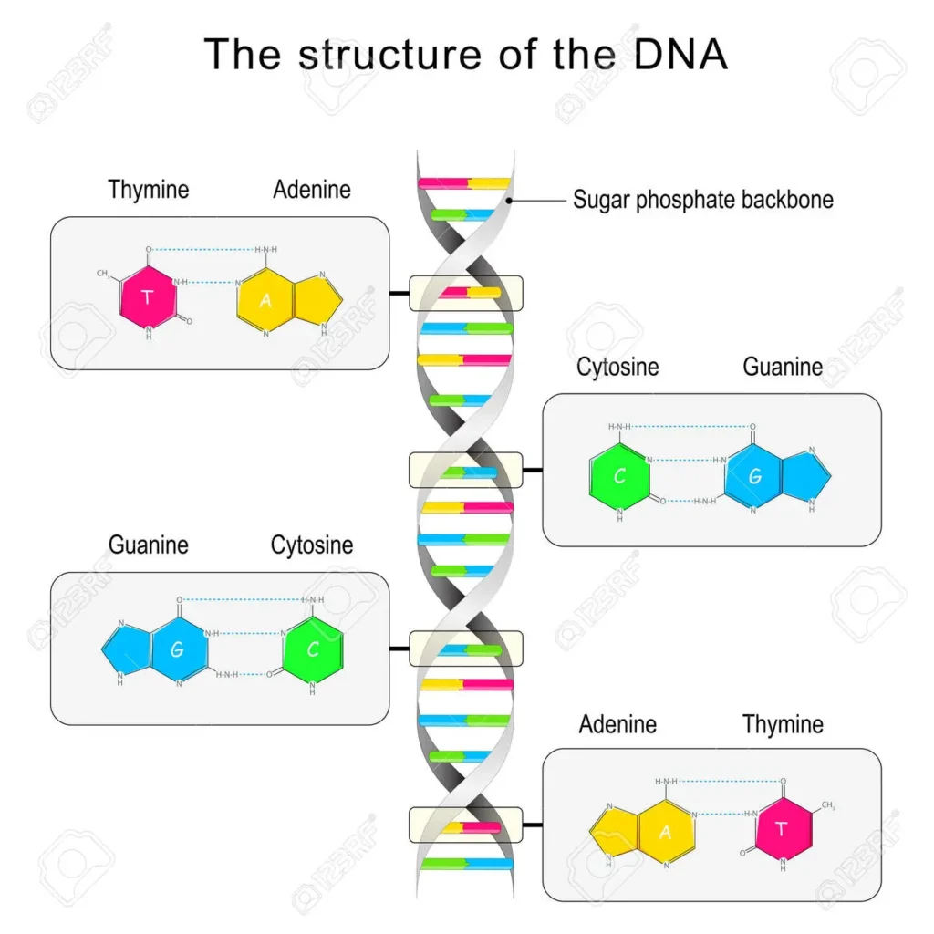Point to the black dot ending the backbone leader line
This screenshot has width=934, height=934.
point(511,200)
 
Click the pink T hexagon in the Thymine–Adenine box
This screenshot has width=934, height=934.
point(149,296)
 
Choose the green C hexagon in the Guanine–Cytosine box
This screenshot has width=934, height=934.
point(313,650)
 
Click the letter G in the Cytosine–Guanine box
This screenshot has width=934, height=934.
point(753,477)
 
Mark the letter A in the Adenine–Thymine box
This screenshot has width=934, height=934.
point(665,831)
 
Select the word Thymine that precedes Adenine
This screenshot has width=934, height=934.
point(149,190)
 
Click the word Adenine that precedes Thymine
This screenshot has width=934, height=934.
point(617,725)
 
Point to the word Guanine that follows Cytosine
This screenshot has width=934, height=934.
point(783,367)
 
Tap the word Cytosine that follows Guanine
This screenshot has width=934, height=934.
point(312,545)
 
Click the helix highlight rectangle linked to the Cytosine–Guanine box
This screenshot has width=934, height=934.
point(465,470)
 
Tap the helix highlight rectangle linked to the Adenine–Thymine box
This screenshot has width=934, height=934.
point(465,825)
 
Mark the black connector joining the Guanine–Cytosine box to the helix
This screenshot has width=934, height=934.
point(400,649)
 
